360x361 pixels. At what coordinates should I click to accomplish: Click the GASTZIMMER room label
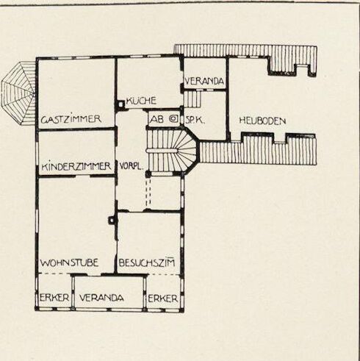pos(71,119)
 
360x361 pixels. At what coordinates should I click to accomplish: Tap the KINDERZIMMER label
pos(76,166)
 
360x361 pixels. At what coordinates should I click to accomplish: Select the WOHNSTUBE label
pos(69,263)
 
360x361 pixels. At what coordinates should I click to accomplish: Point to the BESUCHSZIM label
pos(147,262)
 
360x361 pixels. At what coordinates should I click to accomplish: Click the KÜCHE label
pos(141,101)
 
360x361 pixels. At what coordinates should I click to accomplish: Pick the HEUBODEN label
pos(262,121)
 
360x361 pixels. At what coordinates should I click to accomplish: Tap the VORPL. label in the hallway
pos(132,167)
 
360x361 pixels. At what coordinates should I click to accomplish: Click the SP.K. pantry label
pos(195,120)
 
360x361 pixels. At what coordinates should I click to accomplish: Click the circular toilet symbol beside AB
pos(174,119)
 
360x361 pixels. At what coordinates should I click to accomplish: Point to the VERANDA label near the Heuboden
pos(204,81)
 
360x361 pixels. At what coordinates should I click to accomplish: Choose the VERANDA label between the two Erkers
pos(101,298)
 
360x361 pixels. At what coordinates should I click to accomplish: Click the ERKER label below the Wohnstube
pos(54,298)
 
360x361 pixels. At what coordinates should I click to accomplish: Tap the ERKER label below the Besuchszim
pos(163,299)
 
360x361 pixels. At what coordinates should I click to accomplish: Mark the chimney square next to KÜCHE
pos(120,104)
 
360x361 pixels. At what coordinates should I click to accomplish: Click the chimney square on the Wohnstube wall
pos(112,221)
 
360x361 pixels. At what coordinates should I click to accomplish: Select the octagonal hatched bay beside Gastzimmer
pos(18,93)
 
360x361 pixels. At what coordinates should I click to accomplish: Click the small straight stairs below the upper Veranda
pos(192,99)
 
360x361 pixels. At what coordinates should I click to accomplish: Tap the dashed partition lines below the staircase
pos(148,193)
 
